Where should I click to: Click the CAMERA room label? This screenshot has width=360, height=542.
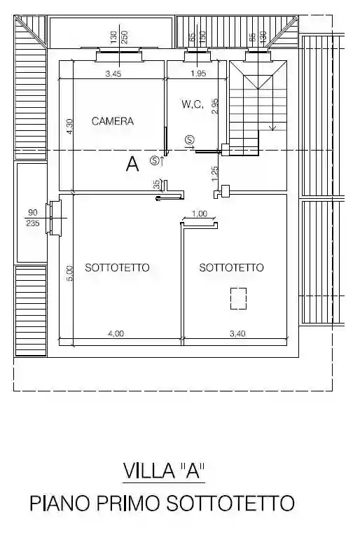tap(112, 121)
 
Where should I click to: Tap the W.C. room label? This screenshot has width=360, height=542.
tap(192, 104)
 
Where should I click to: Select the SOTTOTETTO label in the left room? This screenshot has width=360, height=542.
tap(117, 267)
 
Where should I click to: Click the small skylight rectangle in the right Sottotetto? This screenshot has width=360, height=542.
tap(239, 298)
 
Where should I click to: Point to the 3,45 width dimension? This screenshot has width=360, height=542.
tap(113, 74)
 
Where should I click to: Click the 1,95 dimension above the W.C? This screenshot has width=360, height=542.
tap(198, 74)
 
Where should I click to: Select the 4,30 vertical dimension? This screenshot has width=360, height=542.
tap(69, 126)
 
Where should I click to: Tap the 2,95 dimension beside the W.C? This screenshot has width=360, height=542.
tap(216, 106)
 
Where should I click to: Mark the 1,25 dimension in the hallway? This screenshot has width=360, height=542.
tap(215, 171)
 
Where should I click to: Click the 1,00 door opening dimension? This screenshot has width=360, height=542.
tap(199, 214)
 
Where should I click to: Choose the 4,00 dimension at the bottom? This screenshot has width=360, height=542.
tap(116, 334)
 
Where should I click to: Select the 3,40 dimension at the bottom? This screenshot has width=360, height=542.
tap(237, 334)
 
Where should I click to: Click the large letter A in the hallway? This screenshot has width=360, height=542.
tap(132, 165)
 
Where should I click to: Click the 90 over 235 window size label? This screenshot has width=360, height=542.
tap(32, 218)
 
